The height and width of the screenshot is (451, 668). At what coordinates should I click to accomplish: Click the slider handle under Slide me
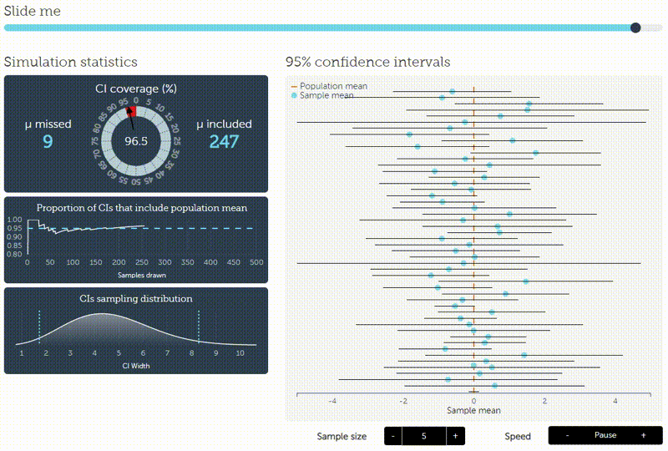635,28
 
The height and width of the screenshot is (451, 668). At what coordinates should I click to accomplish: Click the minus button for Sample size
392,436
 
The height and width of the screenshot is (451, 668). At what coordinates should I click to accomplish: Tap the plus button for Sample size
454,436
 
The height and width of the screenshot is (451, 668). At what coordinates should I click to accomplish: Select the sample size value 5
423,436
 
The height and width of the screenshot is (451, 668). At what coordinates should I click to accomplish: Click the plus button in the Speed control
643,435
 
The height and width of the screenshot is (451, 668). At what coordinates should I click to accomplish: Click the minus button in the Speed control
568,435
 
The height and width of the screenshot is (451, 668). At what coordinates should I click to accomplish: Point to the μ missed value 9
48,142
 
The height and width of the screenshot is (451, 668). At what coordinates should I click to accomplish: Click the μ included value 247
224,142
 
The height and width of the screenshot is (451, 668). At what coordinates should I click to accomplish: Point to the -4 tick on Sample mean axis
332,402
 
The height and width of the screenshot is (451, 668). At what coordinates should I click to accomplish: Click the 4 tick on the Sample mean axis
615,402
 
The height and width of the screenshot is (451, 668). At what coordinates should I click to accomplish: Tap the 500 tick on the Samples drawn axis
256,262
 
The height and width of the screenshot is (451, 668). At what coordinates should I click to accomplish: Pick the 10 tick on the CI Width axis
240,353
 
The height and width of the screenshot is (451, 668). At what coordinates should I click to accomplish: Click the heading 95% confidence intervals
367,63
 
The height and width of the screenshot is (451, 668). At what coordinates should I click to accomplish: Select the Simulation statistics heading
71,63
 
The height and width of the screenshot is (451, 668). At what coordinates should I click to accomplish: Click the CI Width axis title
136,366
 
